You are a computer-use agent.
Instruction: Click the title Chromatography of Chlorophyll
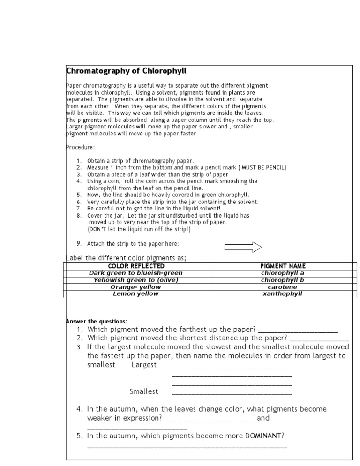coord(126,71)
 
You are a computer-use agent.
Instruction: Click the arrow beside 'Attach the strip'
coord(243,247)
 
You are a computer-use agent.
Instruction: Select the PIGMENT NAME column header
coord(283,266)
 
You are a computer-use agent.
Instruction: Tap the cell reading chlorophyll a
coord(283,273)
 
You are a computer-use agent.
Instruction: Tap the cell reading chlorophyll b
coord(283,280)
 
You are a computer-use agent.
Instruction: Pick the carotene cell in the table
coord(283,287)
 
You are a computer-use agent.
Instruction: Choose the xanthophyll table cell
coord(283,294)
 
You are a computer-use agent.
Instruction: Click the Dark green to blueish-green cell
coord(135,273)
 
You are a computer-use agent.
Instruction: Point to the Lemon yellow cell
coord(135,294)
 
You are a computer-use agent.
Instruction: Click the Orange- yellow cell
coord(135,287)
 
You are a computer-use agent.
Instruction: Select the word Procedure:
coord(80,147)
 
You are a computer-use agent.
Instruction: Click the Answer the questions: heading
coord(96,321)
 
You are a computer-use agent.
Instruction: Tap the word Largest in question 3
coord(144,365)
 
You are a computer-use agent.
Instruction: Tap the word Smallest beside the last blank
coord(144,391)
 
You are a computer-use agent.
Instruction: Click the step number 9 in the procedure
coord(79,244)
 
